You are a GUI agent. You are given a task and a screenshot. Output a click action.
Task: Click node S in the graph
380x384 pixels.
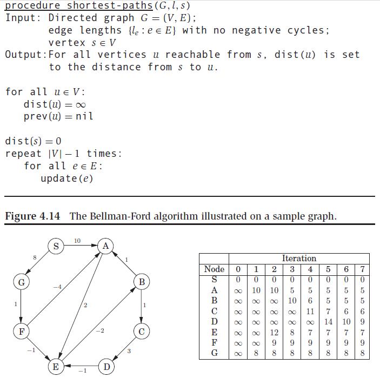(56, 247)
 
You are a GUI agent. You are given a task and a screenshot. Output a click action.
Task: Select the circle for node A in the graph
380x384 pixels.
(106, 247)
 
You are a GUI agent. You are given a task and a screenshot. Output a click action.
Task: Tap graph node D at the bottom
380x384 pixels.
(107, 367)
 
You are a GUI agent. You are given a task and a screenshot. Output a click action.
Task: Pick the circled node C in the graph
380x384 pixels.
(141, 331)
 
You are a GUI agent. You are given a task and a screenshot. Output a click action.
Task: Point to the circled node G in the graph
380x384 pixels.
(21, 282)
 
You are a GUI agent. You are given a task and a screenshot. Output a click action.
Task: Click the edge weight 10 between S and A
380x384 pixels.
(77, 240)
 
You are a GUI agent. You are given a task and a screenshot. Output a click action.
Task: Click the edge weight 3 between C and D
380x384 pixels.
(129, 352)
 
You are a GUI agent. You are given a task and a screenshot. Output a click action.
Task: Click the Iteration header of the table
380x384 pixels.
(299, 259)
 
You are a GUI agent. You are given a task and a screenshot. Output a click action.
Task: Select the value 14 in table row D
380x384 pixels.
(328, 322)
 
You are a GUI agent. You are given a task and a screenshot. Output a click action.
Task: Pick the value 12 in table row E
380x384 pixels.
(274, 332)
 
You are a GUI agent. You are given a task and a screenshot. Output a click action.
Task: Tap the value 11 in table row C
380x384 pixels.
(310, 312)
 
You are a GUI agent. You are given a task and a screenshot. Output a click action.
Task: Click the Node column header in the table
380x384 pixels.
(214, 269)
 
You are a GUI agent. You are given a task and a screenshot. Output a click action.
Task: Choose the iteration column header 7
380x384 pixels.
(363, 269)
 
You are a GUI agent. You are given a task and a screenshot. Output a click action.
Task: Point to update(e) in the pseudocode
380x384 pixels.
(66, 178)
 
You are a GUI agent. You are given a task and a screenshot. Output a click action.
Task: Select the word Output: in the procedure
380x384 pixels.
(26, 55)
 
